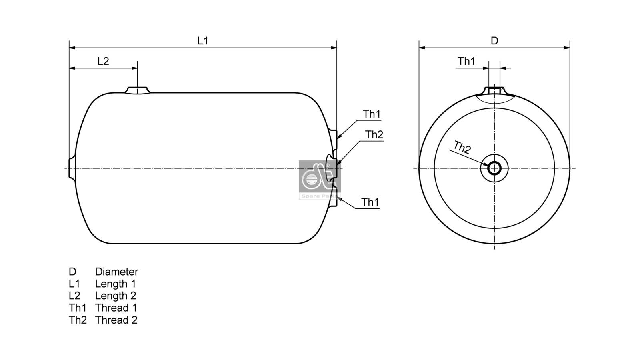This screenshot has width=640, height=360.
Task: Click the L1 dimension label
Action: coord(203,40)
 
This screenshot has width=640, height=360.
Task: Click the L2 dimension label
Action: coord(103,61)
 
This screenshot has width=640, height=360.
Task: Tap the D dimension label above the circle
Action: coord(494,41)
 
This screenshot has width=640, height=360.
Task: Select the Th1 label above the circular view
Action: coord(466,61)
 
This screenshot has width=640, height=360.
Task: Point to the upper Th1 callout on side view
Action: coord(372,114)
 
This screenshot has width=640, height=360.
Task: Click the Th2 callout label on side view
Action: coord(374,135)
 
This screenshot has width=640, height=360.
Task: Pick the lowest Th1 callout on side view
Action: coord(370,202)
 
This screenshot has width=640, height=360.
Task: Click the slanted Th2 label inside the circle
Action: coord(462,148)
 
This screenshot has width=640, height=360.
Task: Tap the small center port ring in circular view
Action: coord(494,168)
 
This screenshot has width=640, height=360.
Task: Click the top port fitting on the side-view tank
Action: coord(137,90)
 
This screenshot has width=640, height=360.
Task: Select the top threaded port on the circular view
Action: coord(494,90)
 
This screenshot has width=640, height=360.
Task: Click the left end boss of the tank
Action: coord(72,168)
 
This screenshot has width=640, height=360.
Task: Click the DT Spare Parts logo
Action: coord(320,180)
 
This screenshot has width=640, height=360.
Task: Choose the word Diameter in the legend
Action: coord(116,272)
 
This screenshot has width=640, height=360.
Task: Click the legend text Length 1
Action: coord(115,284)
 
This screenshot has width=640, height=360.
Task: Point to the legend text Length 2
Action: coord(115,296)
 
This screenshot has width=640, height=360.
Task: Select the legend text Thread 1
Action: coord(116,308)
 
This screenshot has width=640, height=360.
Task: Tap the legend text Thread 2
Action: coord(116,320)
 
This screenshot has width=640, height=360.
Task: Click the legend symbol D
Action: coord(72,272)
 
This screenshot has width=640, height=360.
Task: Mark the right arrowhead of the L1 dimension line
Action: coord(334,48)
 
